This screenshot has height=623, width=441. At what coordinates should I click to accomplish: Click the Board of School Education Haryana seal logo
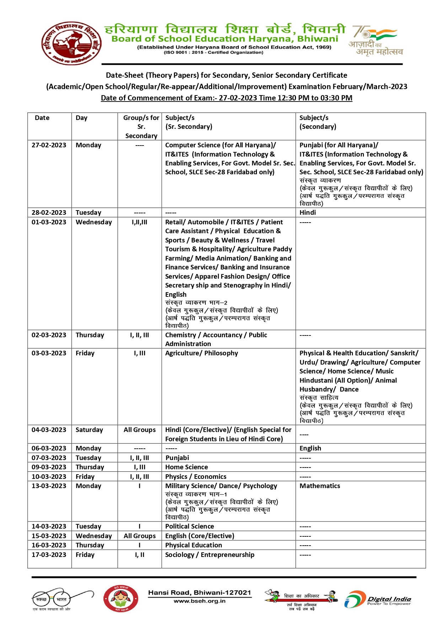(x=71, y=43)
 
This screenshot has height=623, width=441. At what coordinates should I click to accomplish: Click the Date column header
(x=42, y=118)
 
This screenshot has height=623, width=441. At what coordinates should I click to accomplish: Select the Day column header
(x=81, y=118)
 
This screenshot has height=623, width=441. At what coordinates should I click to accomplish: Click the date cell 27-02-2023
(x=49, y=145)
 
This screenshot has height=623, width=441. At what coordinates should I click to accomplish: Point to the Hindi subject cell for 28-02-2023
(x=308, y=213)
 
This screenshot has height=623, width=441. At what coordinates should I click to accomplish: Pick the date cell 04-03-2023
(x=49, y=430)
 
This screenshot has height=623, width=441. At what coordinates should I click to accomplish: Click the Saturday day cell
(x=89, y=430)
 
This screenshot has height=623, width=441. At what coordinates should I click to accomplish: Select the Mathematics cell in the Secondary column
(x=319, y=486)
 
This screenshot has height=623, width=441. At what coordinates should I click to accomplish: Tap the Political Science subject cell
(x=189, y=526)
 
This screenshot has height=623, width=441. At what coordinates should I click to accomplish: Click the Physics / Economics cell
(x=195, y=477)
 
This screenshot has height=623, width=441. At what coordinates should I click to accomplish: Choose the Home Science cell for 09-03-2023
(x=186, y=467)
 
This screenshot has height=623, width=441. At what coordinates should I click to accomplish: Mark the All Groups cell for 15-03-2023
(x=140, y=536)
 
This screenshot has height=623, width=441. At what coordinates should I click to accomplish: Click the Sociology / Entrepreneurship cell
(x=210, y=555)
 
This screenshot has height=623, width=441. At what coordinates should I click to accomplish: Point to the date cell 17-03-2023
(x=49, y=555)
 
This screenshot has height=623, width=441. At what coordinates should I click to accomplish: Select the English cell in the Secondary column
(x=310, y=448)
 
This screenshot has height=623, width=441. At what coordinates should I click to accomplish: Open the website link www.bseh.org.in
(x=199, y=601)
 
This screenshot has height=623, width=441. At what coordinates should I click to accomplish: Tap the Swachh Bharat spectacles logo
(x=62, y=600)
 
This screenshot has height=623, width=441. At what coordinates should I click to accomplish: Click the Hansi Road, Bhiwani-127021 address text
(x=199, y=592)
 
